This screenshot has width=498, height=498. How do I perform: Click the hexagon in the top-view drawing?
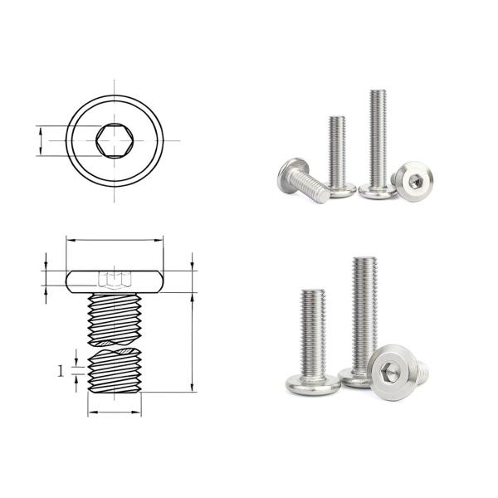pyautogui.click(x=115, y=140)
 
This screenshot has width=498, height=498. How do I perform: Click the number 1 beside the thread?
pyautogui.click(x=61, y=371)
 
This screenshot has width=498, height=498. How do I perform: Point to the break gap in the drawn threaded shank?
pyautogui.click(x=115, y=345)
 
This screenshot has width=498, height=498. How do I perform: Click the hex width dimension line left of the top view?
pyautogui.click(x=40, y=140)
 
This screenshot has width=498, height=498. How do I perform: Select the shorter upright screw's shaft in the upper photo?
pyautogui.click(x=337, y=149)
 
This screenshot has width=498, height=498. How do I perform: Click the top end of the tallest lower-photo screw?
pyautogui.click(x=364, y=261)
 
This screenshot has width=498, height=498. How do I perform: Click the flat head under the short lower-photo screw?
pyautogui.click(x=312, y=384)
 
